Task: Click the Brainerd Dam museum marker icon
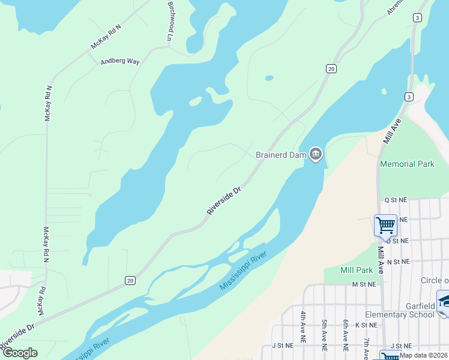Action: pyautogui.click(x=316, y=154)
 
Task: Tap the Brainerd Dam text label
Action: pyautogui.click(x=281, y=155)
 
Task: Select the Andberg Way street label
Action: pyautogui.click(x=120, y=61)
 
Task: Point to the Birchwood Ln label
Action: pyautogui.click(x=169, y=21)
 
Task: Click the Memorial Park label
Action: pyautogui.click(x=406, y=164)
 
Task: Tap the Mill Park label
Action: pyautogui.click(x=357, y=271)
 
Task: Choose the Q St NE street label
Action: pyautogui.click(x=396, y=200)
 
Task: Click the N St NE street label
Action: pyautogui.click(x=397, y=262)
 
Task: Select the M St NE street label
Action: pyautogui.click(x=363, y=284)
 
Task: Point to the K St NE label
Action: pyautogui.click(x=366, y=325)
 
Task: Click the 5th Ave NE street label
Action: pyautogui.click(x=324, y=335)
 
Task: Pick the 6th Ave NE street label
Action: pyautogui.click(x=346, y=335)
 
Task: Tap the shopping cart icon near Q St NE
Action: pyautogui.click(x=385, y=226)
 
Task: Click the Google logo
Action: pyautogui.click(x=19, y=353)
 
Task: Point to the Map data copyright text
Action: pyautogui.click(x=423, y=355)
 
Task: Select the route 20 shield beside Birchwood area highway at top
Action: pyautogui.click(x=331, y=69)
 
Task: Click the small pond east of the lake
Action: pyautogui.click(x=269, y=77)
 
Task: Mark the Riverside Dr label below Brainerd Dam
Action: pyautogui.click(x=224, y=200)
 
